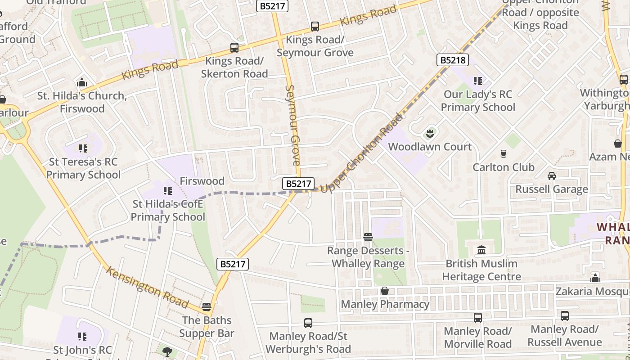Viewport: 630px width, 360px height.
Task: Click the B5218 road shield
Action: (x=453, y=60)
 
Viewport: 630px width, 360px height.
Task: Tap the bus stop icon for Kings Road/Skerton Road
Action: (x=234, y=47)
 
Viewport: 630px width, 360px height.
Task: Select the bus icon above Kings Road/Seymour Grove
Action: (x=315, y=27)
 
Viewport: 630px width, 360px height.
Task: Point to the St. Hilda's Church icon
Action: (x=82, y=83)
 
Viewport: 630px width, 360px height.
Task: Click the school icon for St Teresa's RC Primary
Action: (x=83, y=148)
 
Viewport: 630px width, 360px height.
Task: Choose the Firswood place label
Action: (x=202, y=181)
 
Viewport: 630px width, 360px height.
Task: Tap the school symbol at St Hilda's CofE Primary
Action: (x=168, y=191)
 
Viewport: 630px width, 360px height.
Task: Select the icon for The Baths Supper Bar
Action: (x=207, y=307)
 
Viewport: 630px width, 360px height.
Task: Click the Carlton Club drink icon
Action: (x=503, y=154)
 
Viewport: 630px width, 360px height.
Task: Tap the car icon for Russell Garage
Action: (x=551, y=176)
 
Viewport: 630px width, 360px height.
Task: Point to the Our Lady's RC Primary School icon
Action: (x=477, y=81)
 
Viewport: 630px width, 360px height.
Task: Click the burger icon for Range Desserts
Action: (x=368, y=237)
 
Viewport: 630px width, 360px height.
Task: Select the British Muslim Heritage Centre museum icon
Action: (x=481, y=250)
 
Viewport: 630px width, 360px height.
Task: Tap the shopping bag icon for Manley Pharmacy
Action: (x=384, y=291)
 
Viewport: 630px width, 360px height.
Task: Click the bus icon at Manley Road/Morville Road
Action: (x=477, y=318)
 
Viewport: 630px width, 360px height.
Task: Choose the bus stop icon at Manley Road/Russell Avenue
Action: (x=564, y=316)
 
